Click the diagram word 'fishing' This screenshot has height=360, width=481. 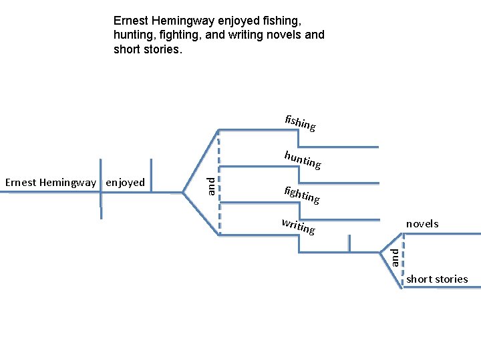point(300,123)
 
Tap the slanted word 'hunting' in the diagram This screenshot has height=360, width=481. point(302,160)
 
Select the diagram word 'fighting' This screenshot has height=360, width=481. point(301,195)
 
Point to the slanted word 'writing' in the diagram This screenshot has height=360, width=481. point(298,227)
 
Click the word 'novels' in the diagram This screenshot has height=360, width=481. point(422,224)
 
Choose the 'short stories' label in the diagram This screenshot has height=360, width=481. point(437,279)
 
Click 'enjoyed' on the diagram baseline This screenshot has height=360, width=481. point(126,183)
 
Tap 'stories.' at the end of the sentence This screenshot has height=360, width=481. point(162,49)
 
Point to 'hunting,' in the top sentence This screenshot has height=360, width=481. point(135,35)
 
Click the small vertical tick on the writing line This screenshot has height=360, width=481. point(349,245)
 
